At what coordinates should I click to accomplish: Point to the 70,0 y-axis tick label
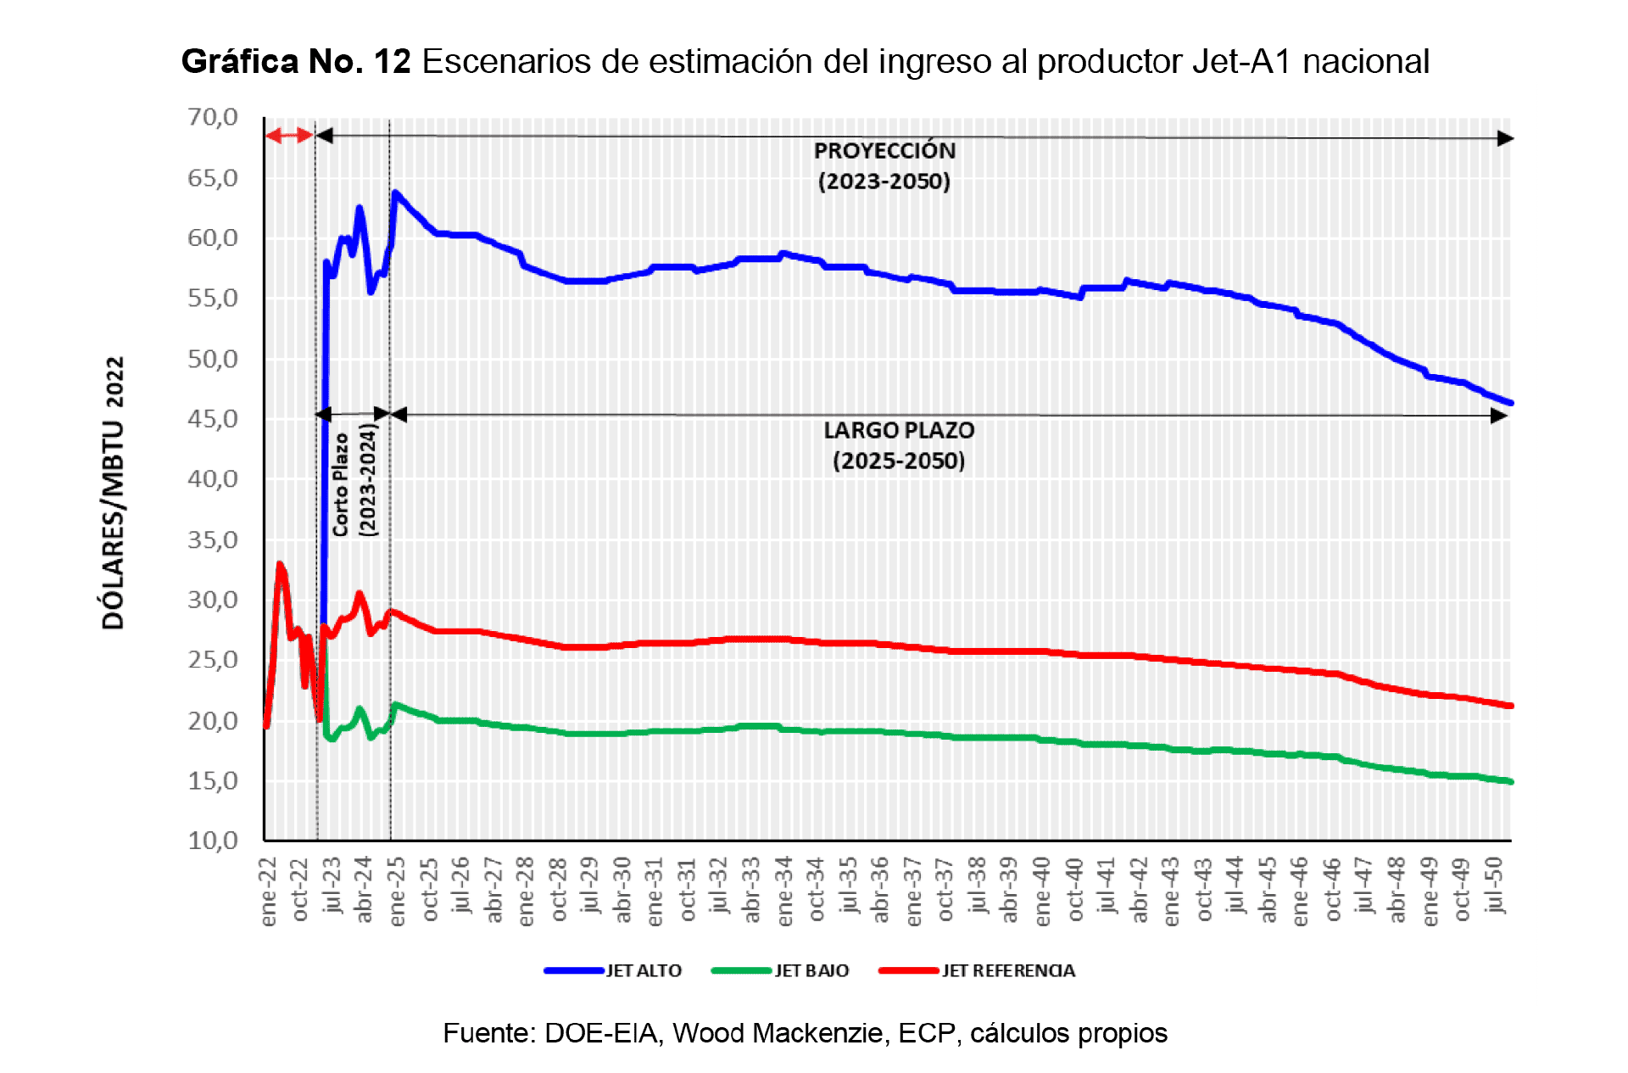coord(213,117)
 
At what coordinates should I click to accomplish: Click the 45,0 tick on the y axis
coord(213,419)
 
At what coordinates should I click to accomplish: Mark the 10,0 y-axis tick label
coord(213,841)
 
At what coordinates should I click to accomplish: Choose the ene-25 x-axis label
coord(397,891)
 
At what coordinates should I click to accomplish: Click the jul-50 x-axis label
coord(1496,885)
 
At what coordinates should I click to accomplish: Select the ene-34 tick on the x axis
coord(784,891)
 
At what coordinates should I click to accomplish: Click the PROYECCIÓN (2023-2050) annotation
coord(884,165)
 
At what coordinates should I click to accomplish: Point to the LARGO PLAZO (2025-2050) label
coord(899,445)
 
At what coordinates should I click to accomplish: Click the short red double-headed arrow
coord(289,135)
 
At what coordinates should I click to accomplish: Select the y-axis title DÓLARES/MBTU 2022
coord(114,492)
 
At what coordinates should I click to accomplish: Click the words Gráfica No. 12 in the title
coord(296,61)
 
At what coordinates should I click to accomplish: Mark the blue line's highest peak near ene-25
coord(395,193)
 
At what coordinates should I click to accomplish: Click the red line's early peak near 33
coord(280,564)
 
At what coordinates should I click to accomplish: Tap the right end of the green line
coord(1510,781)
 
